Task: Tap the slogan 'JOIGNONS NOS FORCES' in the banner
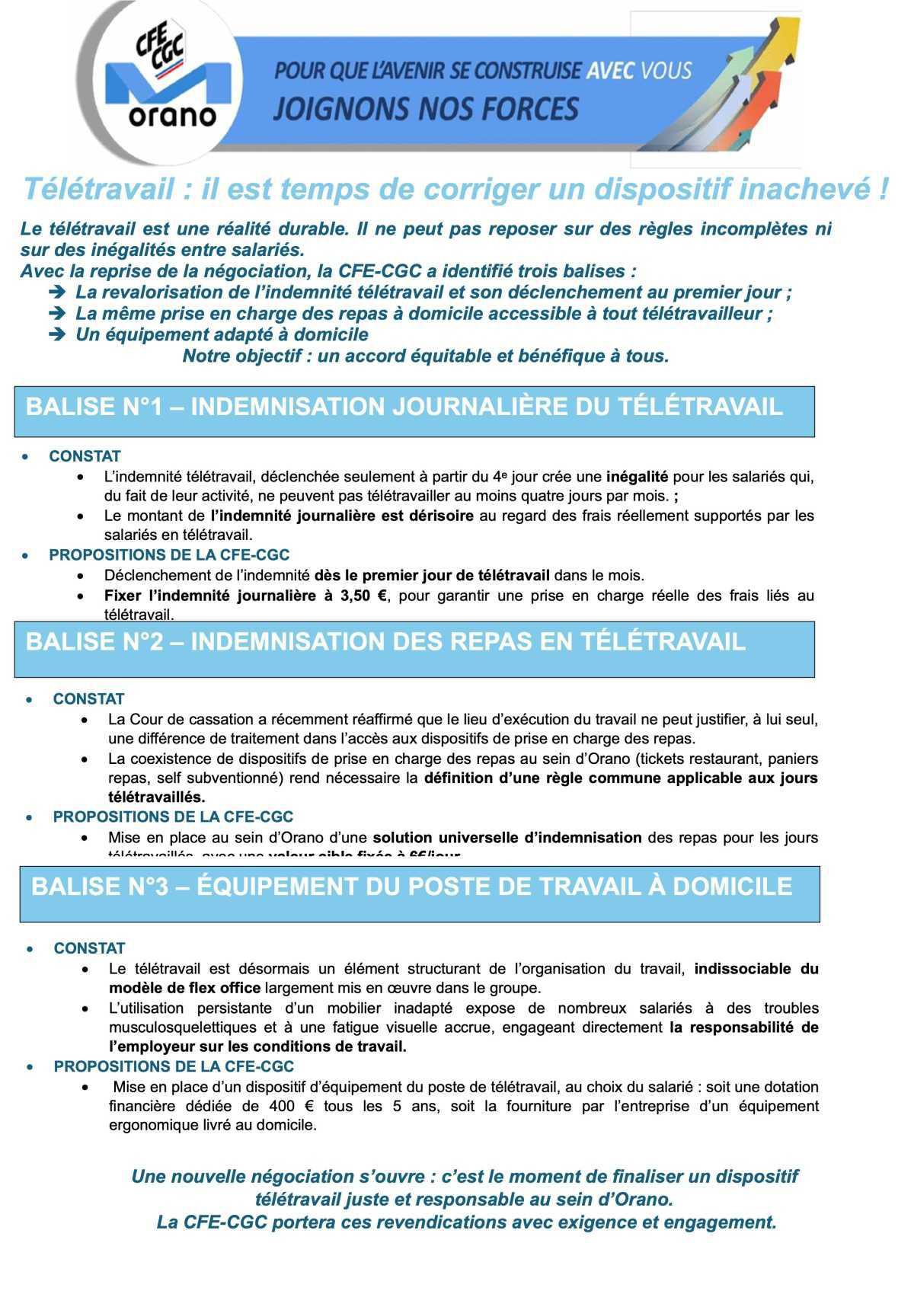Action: pyautogui.click(x=426, y=109)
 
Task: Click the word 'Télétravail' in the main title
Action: pyautogui.click(x=98, y=189)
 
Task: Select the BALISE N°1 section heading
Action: pyautogui.click(x=404, y=407)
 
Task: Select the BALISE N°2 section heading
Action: pyautogui.click(x=385, y=642)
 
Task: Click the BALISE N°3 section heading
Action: pyautogui.click(x=412, y=887)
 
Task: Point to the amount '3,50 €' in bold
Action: pyautogui.click(x=357, y=596)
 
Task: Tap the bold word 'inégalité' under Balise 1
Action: pyautogui.click(x=637, y=478)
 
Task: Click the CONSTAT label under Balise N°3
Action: pyautogui.click(x=89, y=948)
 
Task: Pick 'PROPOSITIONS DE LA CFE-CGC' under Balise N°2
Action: pyautogui.click(x=173, y=817)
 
